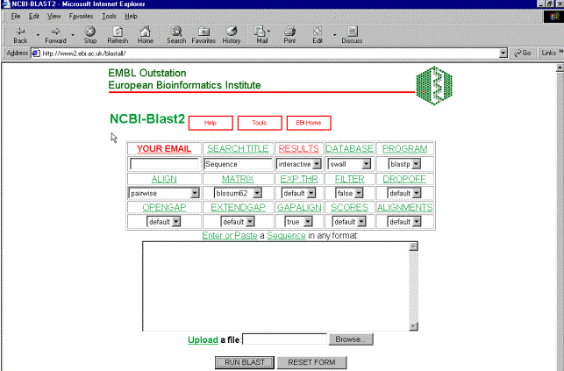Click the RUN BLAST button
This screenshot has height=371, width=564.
(245, 362)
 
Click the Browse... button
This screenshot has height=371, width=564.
(351, 339)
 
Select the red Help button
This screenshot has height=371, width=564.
(211, 123)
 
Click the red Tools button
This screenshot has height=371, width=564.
(260, 123)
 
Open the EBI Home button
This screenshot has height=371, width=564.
(309, 123)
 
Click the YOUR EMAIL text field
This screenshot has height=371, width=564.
(164, 164)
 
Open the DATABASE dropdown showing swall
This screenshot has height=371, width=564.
(349, 164)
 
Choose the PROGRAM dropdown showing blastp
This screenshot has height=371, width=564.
(404, 164)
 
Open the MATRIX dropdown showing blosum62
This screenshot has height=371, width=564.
(238, 193)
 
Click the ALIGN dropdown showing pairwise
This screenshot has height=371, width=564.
(164, 193)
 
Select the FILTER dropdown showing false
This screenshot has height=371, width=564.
(349, 193)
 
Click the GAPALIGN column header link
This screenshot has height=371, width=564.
(299, 208)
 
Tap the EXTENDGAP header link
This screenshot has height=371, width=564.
(238, 208)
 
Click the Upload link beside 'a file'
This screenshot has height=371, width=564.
(203, 339)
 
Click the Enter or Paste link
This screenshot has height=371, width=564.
(230, 235)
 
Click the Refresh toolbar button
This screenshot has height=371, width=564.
(118, 35)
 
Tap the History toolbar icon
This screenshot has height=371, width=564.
(232, 35)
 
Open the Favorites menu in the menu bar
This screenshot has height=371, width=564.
(81, 16)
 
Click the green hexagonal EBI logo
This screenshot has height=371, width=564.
(434, 86)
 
